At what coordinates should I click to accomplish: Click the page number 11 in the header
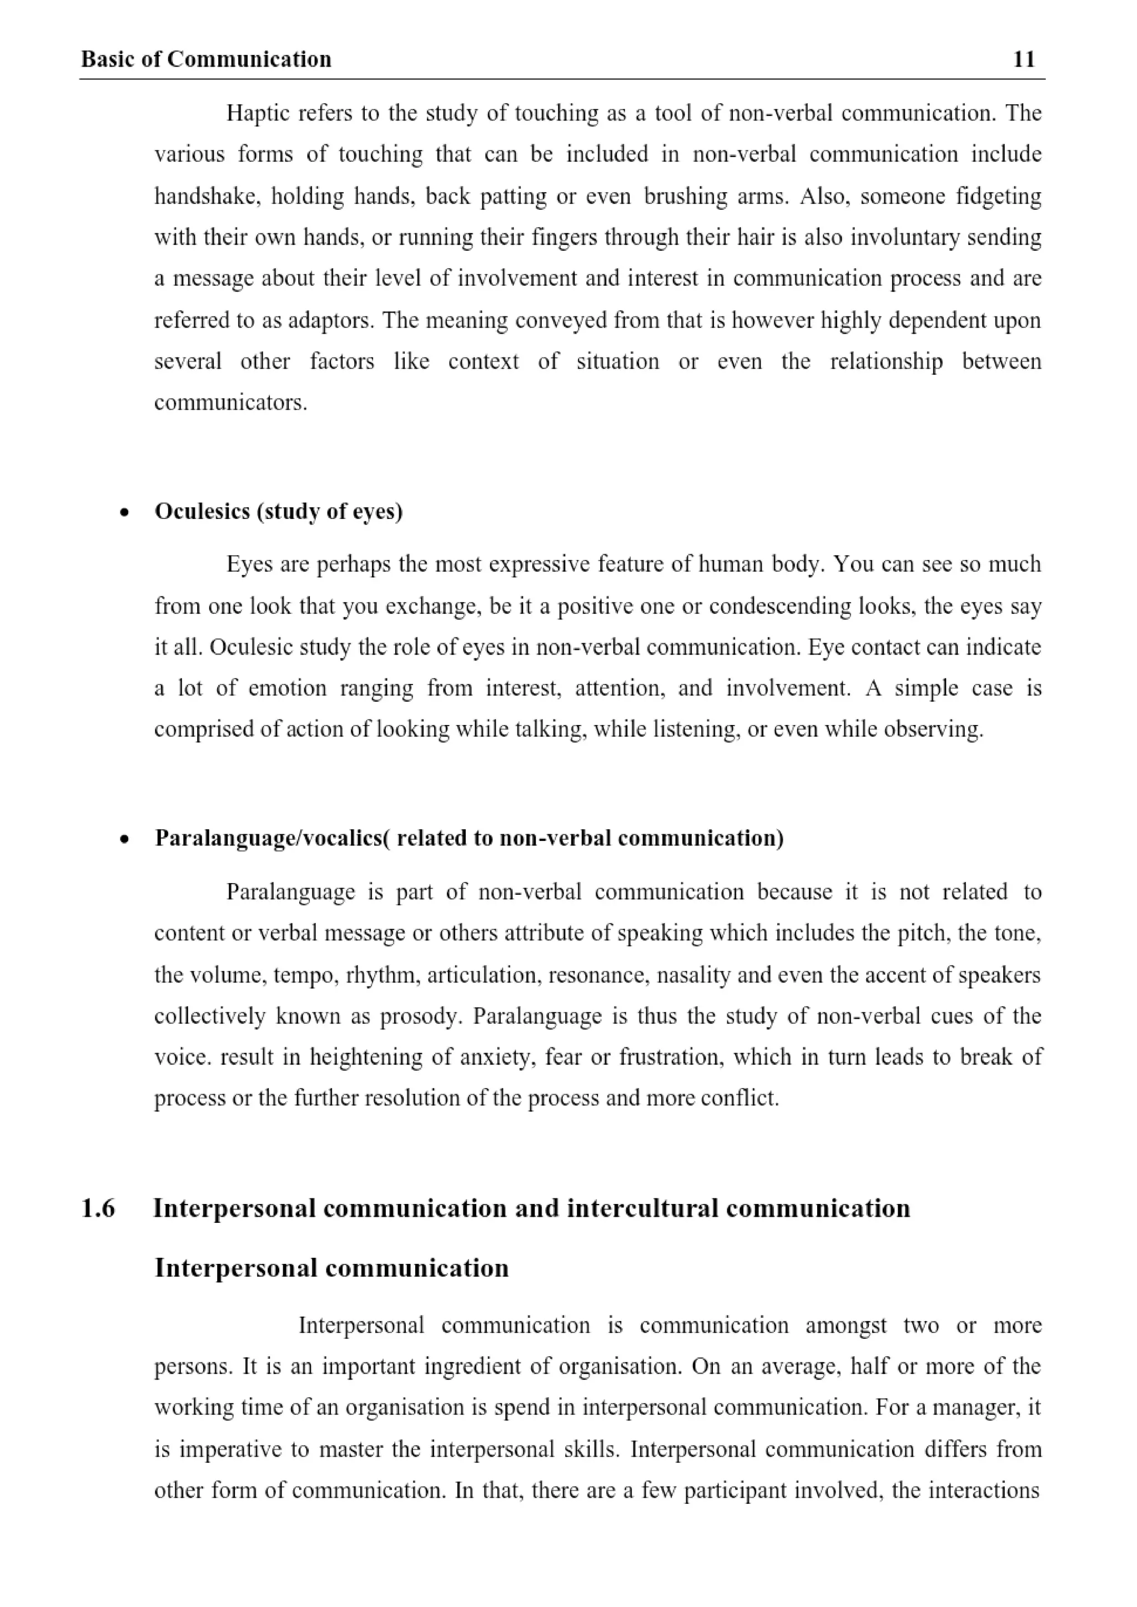[x=1024, y=59]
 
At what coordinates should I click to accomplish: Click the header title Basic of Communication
[x=206, y=59]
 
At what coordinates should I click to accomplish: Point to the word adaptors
[x=332, y=320]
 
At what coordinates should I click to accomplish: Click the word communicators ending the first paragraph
[x=230, y=403]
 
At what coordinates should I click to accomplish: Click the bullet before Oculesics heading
[x=124, y=513]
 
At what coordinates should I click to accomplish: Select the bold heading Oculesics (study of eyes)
[x=279, y=512]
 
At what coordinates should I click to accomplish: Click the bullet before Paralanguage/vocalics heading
[x=124, y=839]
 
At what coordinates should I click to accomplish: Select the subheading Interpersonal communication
[x=331, y=1268]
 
